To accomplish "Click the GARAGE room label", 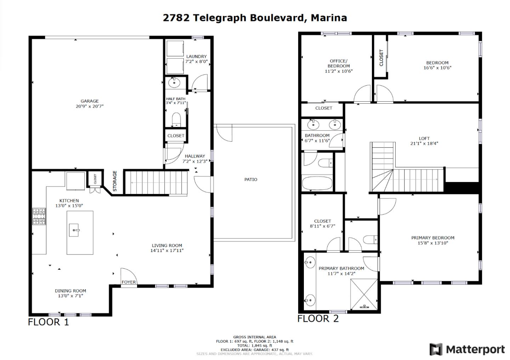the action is tap(90, 101).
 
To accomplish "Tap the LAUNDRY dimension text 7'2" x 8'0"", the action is tap(197, 62).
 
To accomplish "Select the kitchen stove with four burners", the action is tap(39, 216).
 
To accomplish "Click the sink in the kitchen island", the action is tap(74, 230).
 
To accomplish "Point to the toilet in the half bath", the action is tap(176, 120).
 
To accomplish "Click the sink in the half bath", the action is tap(174, 83).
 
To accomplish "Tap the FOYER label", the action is tap(129, 282).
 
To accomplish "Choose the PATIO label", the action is tap(251, 179).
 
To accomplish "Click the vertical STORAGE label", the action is tap(115, 181).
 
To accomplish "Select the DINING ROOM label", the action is tap(70, 291).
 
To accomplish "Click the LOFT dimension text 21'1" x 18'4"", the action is tap(424, 144).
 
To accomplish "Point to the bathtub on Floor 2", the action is tap(317, 184).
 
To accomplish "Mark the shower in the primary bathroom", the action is tap(364, 294).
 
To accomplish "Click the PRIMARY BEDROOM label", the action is tap(433, 238).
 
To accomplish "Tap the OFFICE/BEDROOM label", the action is tap(339, 63).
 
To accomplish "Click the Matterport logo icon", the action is tap(436, 349).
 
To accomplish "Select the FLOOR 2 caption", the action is tap(318, 319).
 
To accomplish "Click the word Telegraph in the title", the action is tap(220, 18).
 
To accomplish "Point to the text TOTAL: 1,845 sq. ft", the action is tap(255, 345).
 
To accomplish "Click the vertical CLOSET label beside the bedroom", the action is tap(381, 58).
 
